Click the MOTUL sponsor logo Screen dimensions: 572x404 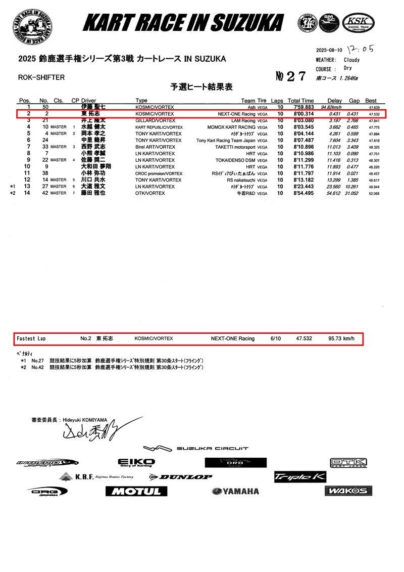pos(136,491)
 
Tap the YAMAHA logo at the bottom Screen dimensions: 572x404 pos(235,491)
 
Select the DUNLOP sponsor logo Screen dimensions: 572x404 pos(180,476)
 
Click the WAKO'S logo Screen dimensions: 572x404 pos(345,491)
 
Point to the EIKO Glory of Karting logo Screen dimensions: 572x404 pos(136,463)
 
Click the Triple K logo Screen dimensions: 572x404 pos(300,477)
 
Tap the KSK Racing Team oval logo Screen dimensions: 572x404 pos(358,22)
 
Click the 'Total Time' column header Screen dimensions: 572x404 pos(300,101)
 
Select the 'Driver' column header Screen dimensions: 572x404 pos(88,101)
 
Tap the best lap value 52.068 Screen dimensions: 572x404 pos(374,193)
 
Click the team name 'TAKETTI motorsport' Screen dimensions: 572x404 pos(232,147)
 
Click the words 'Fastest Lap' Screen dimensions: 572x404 pos(31,338)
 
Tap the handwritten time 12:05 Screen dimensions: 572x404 pos(361,49)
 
